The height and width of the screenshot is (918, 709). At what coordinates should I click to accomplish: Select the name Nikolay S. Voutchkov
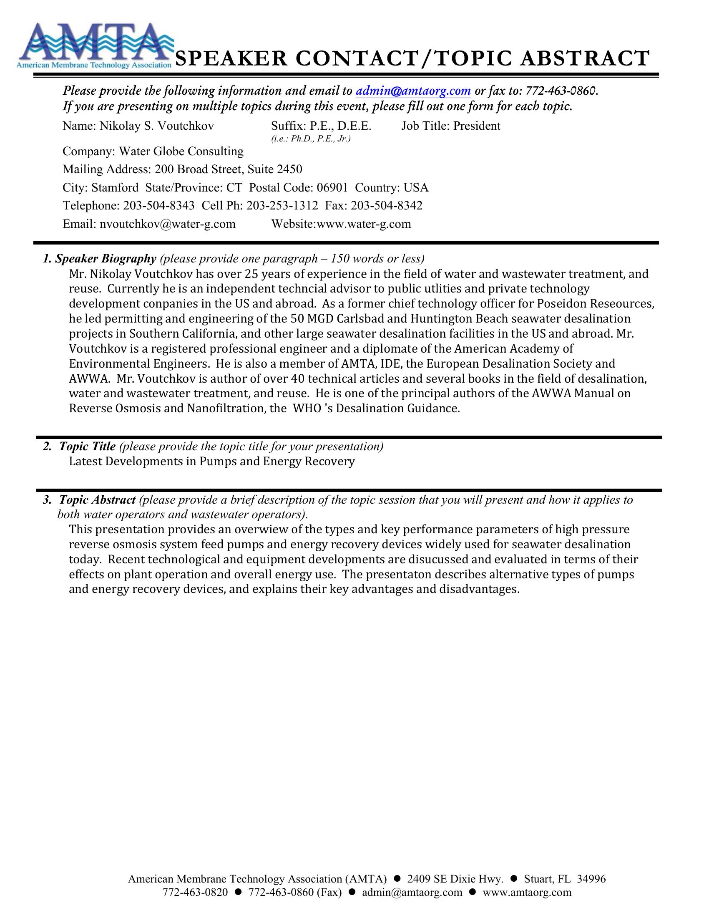(x=156, y=126)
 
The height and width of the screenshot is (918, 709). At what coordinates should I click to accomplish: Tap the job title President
(x=476, y=126)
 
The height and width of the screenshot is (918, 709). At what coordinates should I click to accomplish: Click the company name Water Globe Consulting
(x=181, y=151)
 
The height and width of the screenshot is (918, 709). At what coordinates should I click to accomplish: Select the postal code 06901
(x=332, y=187)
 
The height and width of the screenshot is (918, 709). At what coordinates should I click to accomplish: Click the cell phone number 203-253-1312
(x=282, y=206)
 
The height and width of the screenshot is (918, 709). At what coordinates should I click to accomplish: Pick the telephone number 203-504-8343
(x=158, y=206)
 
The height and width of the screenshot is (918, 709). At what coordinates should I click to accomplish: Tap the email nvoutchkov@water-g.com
(x=167, y=224)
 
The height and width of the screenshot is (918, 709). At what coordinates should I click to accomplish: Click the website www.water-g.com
(x=364, y=224)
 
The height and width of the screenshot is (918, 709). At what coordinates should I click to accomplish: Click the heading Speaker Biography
(x=106, y=259)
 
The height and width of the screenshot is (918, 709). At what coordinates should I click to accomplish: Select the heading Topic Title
(x=87, y=446)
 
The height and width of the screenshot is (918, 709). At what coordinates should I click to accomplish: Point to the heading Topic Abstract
(x=97, y=500)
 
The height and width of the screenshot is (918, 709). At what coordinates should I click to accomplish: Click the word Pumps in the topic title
(x=214, y=462)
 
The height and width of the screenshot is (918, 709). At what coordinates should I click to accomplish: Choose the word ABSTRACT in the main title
(x=584, y=59)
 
